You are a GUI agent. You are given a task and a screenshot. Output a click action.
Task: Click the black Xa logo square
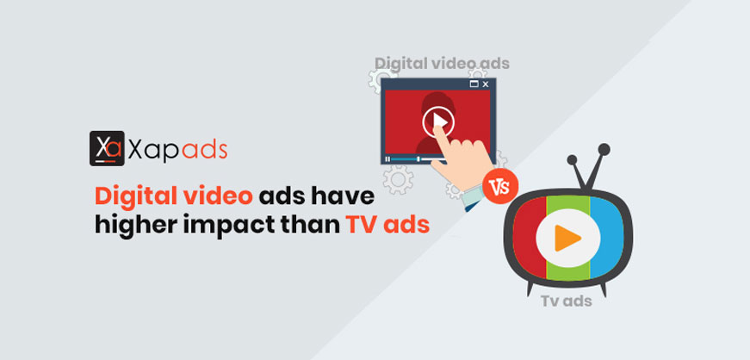[107, 148]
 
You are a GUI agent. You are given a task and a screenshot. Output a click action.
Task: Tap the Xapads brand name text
[177, 149]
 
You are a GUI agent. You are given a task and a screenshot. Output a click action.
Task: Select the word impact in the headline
[242, 226]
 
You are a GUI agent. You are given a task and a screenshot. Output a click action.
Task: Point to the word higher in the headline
[143, 226]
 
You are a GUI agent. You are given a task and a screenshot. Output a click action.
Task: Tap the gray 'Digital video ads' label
[442, 63]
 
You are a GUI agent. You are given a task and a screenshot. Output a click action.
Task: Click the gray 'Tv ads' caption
[567, 301]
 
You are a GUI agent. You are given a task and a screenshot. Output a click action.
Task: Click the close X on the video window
[486, 84]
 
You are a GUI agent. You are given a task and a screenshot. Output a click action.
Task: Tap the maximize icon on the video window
[474, 84]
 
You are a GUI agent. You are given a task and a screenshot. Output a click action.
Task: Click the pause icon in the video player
[387, 159]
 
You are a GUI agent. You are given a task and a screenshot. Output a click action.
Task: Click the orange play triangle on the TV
[567, 238]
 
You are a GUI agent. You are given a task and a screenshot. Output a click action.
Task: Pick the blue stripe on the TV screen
[607, 239]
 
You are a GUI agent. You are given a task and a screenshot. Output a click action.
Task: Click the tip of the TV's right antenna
[604, 149]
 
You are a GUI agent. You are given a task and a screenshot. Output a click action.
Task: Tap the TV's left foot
[530, 289]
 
